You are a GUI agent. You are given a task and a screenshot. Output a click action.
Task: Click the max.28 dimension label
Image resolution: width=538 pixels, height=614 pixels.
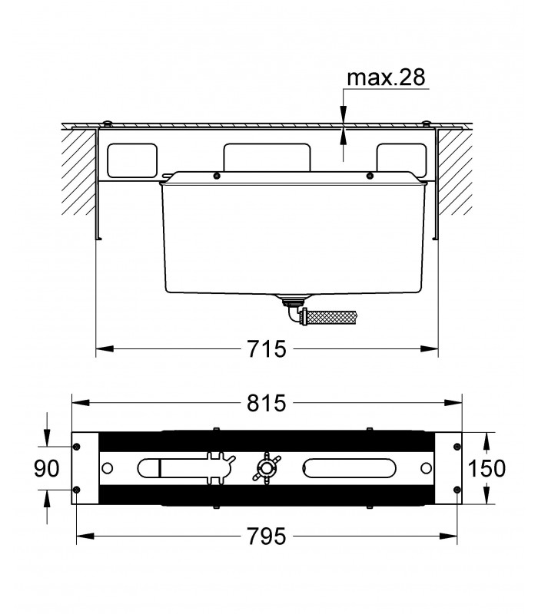click(386, 78)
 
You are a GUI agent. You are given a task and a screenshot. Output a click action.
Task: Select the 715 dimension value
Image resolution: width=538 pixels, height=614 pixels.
click(267, 348)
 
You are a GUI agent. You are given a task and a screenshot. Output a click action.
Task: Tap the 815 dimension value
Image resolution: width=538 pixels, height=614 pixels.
click(267, 403)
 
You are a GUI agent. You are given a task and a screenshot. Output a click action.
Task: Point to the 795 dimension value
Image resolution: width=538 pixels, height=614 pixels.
click(267, 536)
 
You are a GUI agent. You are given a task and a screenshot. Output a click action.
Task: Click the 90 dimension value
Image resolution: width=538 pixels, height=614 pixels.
click(47, 468)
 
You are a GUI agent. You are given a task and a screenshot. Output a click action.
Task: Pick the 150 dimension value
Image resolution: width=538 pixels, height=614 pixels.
click(487, 468)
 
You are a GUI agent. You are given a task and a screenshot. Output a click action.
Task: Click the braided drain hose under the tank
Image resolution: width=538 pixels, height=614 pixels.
click(333, 316)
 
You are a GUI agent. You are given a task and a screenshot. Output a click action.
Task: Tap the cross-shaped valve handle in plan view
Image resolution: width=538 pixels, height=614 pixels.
click(267, 468)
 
